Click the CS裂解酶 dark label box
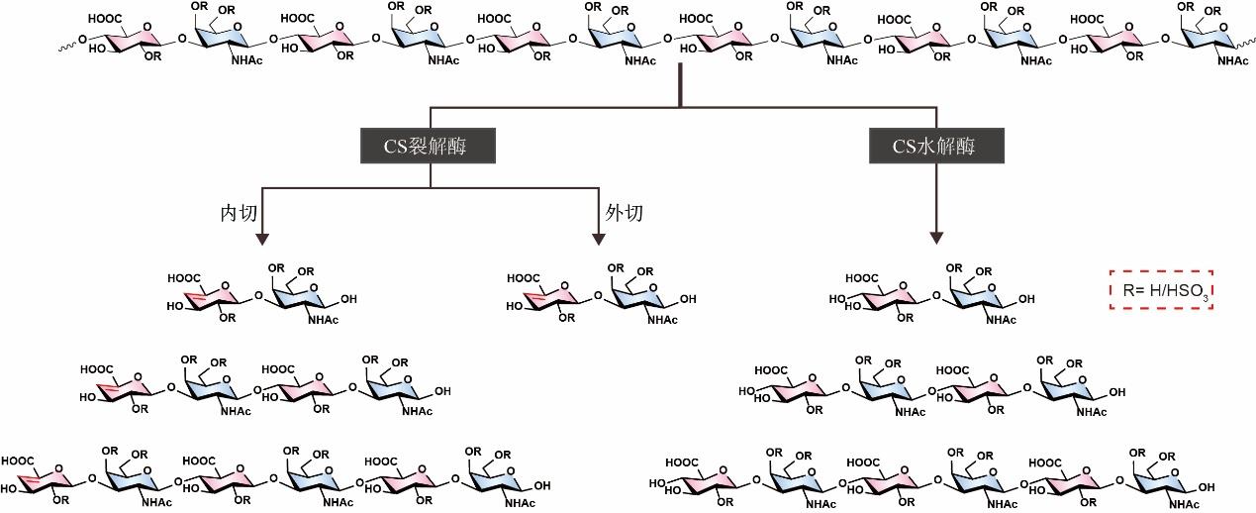(427, 147)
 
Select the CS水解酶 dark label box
(934, 147)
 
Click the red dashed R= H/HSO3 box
(1161, 291)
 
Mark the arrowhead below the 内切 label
(262, 238)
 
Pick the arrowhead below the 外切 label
(598, 238)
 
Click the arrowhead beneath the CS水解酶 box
(934, 238)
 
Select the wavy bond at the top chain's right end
(1244, 45)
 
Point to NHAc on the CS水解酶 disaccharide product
(1001, 320)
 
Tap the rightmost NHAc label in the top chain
(1232, 61)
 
